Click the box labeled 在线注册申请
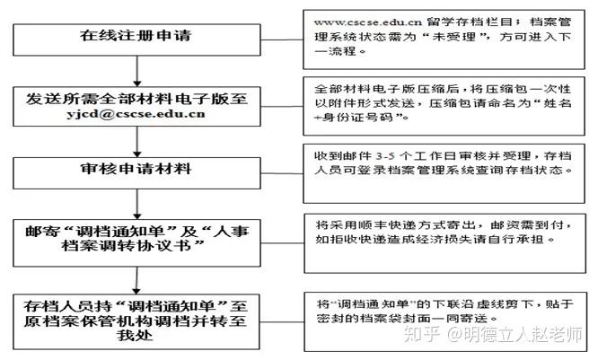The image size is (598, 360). pyautogui.click(x=136, y=40)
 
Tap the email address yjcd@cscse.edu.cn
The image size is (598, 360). pyautogui.click(x=136, y=114)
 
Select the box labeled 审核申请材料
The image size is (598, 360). pyautogui.click(x=136, y=173)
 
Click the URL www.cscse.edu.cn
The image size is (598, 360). pyautogui.click(x=367, y=22)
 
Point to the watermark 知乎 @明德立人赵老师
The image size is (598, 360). pyautogui.click(x=493, y=334)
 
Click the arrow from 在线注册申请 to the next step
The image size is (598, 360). pyautogui.click(x=137, y=71)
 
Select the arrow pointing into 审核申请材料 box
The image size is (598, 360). pyautogui.click(x=137, y=142)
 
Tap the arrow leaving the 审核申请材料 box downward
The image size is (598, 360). pyautogui.click(x=137, y=204)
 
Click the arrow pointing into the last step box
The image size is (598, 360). pyautogui.click(x=136, y=280)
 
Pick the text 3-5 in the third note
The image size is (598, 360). pyautogui.click(x=385, y=156)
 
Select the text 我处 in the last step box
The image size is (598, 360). pyautogui.click(x=135, y=335)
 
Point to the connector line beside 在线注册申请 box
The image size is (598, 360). pyautogui.click(x=282, y=40)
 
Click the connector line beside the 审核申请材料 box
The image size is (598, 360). pyautogui.click(x=282, y=173)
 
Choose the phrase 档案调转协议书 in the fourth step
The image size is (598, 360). pyautogui.click(x=127, y=246)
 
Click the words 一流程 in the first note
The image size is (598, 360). pyautogui.click(x=335, y=51)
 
